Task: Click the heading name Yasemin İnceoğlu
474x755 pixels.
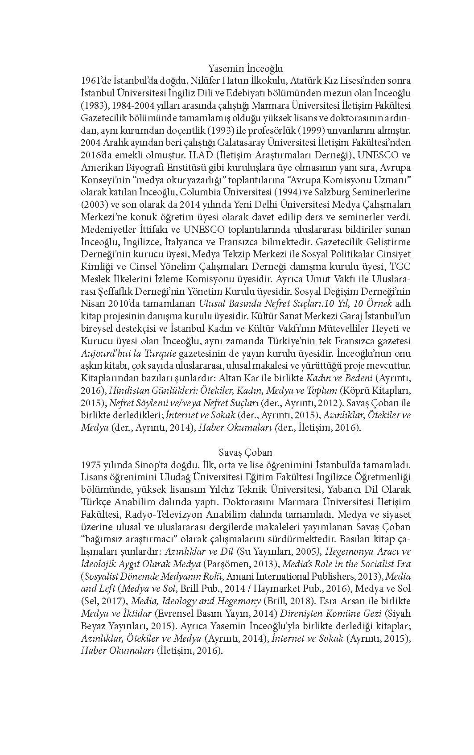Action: [246, 69]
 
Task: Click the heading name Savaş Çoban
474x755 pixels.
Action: [246, 452]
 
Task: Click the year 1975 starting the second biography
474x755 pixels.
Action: [91, 464]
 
